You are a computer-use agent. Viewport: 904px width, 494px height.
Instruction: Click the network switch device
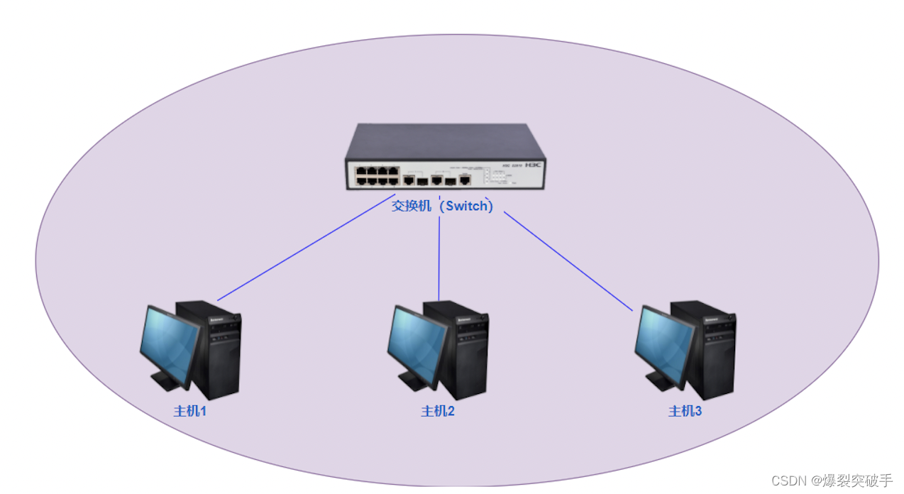point(445,157)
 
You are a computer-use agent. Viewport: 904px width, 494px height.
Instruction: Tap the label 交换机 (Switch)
point(442,206)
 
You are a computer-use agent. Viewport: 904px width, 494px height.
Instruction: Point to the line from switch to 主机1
point(305,254)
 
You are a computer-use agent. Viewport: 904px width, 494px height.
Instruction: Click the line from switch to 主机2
point(439,259)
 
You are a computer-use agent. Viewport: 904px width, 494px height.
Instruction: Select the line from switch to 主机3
point(568,261)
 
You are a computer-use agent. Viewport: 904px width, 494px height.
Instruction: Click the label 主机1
point(189,411)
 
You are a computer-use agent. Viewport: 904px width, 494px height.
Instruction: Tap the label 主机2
point(437,411)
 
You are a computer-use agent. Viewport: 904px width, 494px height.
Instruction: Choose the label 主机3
point(685,411)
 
